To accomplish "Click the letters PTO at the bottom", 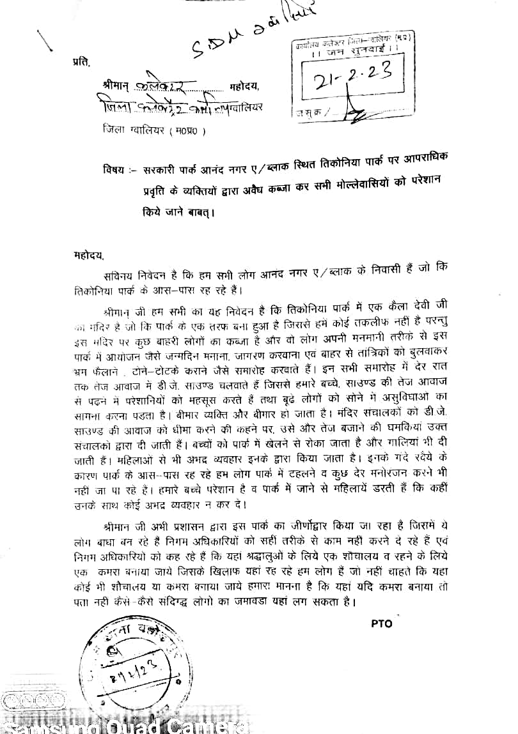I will coord(381,623).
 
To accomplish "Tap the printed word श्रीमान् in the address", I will coord(115,86).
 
